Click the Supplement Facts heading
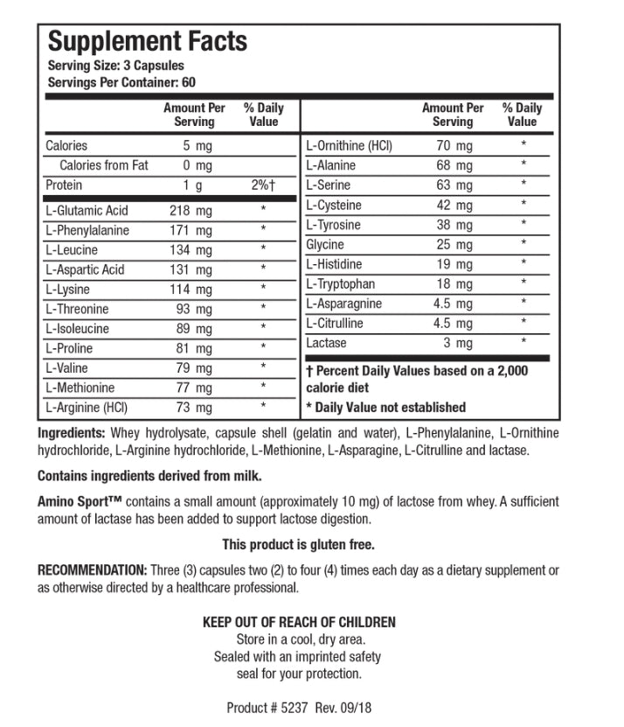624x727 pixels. (146, 41)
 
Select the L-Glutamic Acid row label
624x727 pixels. (87, 211)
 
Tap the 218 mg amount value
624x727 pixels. (191, 211)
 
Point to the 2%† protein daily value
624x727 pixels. (263, 185)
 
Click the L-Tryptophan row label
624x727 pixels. (340, 284)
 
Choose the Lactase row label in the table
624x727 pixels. (326, 343)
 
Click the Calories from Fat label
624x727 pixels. (104, 165)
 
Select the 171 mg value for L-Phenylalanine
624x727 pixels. (191, 231)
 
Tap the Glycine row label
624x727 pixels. (325, 245)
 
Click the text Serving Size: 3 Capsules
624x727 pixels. (115, 66)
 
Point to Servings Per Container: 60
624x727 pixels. (121, 82)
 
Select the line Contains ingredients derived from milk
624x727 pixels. (149, 477)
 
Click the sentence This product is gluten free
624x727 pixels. (298, 545)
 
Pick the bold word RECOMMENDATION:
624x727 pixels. (92, 570)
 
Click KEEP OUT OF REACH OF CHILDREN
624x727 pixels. (299, 622)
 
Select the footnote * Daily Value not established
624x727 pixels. (385, 407)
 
